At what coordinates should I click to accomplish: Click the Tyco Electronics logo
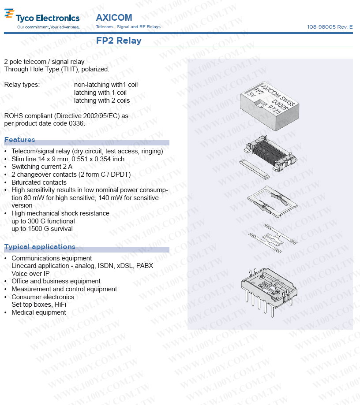tap(42, 18)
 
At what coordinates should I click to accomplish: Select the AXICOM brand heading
tap(114, 18)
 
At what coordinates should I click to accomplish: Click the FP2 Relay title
tap(119, 41)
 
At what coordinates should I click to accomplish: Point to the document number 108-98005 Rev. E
tap(330, 27)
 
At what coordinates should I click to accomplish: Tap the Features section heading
tap(19, 140)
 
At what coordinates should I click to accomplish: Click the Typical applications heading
tap(40, 247)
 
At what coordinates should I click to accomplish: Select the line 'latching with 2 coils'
tap(102, 100)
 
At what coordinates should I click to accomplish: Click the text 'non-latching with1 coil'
tap(106, 85)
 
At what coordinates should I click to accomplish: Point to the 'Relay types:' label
tap(22, 85)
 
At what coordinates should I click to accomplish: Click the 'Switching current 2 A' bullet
tap(42, 167)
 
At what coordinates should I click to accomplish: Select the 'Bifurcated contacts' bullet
tap(39, 182)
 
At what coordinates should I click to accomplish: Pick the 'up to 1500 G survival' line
tap(42, 229)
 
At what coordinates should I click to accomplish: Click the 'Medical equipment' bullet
tap(39, 312)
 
